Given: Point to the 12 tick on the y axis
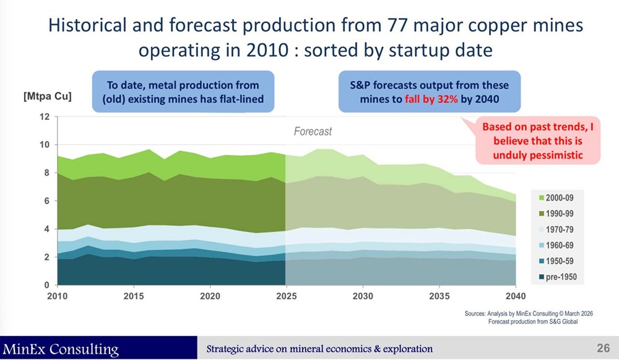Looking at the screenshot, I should click(45, 117).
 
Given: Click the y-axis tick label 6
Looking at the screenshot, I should click(47, 201).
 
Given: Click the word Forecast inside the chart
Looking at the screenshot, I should click(312, 131).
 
